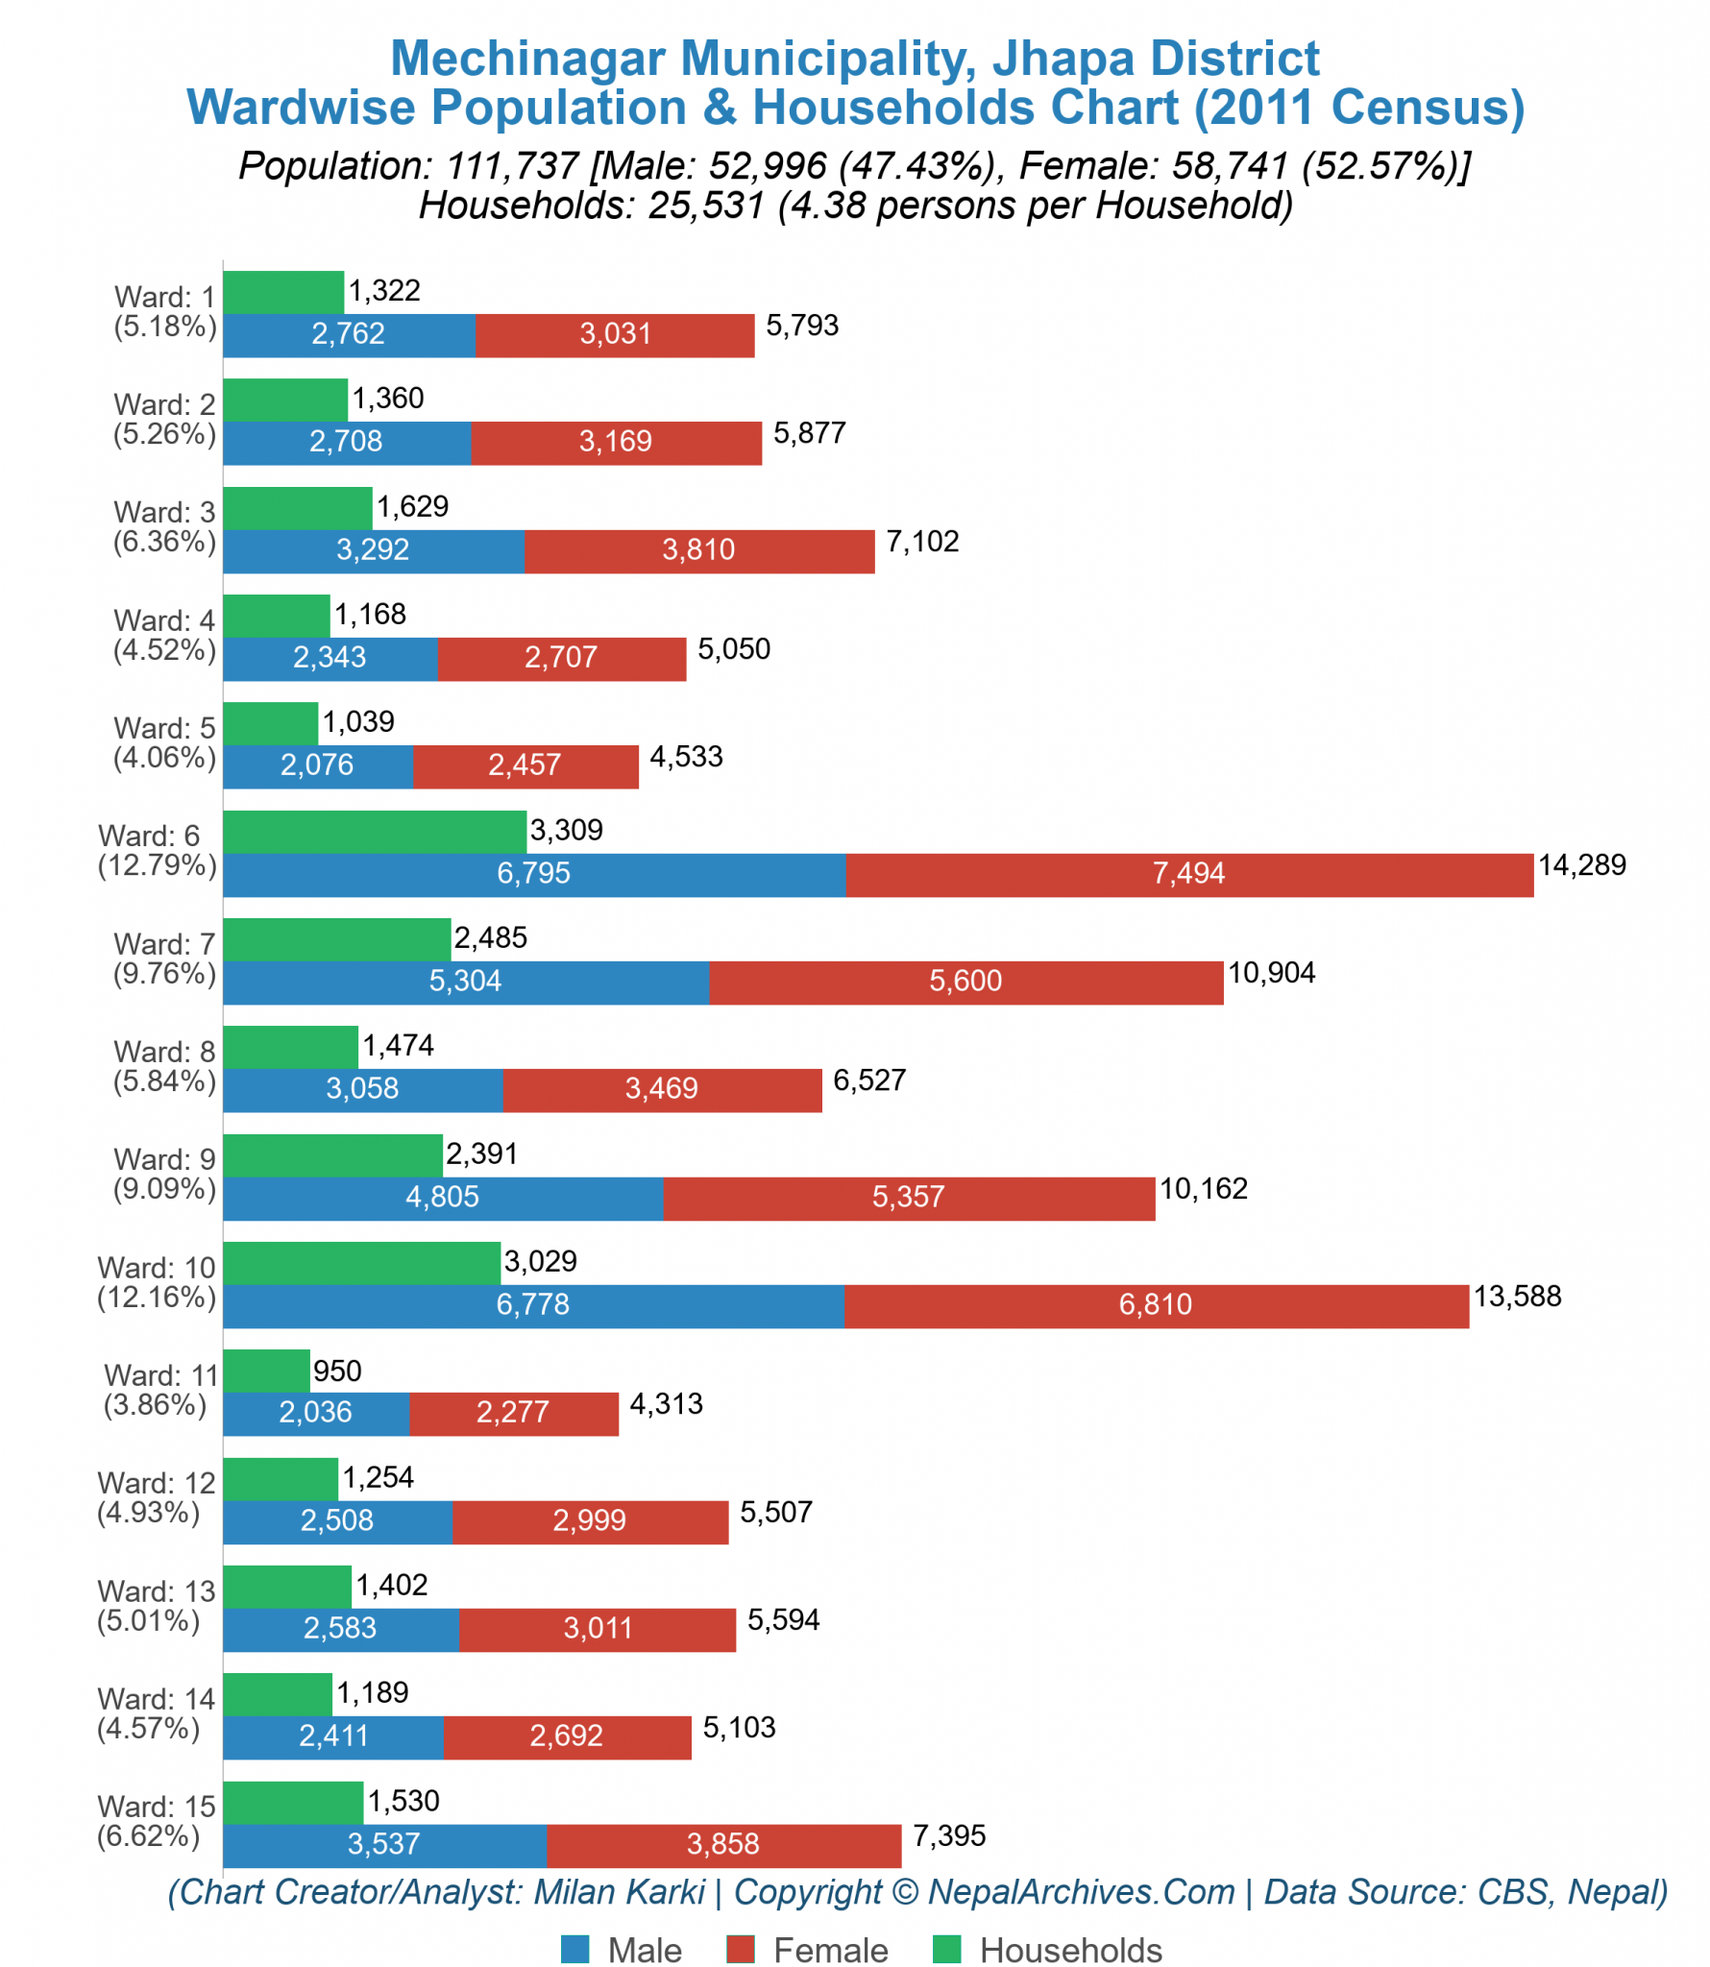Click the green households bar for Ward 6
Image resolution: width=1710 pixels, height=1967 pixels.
pos(375,831)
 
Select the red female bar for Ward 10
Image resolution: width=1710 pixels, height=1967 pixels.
pos(1156,1305)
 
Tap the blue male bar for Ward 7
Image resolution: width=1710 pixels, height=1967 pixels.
pos(466,982)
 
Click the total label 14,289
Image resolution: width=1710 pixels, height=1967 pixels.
pos(1581,865)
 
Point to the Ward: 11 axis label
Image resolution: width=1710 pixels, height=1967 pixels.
pos(161,1375)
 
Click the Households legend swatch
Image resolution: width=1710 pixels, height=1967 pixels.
pos(946,1950)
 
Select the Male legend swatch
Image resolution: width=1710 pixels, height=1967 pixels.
pos(574,1950)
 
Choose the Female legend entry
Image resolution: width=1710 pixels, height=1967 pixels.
pos(830,1951)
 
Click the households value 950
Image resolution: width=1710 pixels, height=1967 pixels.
pos(337,1371)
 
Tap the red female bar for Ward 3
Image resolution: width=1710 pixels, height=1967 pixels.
pos(698,550)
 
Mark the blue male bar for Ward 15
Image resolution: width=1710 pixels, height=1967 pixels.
pos(384,1844)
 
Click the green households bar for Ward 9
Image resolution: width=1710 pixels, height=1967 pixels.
pos(332,1154)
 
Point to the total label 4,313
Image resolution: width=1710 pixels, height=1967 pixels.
pos(666,1404)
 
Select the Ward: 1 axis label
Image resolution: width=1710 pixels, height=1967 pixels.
pos(164,297)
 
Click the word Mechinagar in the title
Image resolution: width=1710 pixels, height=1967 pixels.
pos(527,59)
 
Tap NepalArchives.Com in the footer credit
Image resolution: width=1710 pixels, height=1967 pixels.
pos(1081,1891)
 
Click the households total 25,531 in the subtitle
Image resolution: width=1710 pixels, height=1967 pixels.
pos(706,206)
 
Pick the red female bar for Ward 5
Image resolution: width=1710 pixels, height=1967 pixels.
pos(525,765)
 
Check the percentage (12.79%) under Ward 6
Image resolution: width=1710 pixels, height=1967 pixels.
pos(157,865)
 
